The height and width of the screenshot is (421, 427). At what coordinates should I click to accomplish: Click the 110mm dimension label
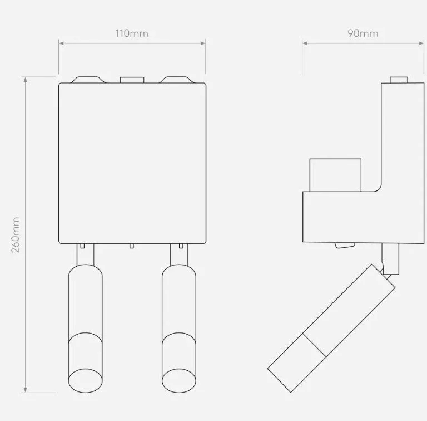(132, 33)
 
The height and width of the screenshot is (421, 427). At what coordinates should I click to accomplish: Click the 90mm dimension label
(363, 33)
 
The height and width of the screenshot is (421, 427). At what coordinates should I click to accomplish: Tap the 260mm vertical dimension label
(16, 235)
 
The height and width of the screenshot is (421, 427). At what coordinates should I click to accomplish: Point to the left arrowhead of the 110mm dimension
(61, 43)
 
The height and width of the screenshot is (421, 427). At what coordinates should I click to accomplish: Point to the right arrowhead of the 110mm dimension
(203, 43)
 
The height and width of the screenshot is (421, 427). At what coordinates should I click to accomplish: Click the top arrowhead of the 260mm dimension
(26, 80)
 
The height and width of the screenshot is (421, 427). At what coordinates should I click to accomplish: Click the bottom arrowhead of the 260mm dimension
(26, 390)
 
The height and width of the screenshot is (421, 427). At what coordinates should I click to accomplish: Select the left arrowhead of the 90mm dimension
(305, 43)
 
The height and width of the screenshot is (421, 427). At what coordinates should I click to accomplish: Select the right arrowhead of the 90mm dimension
(421, 43)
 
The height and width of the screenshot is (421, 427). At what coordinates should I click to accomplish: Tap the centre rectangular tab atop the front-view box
(132, 80)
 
